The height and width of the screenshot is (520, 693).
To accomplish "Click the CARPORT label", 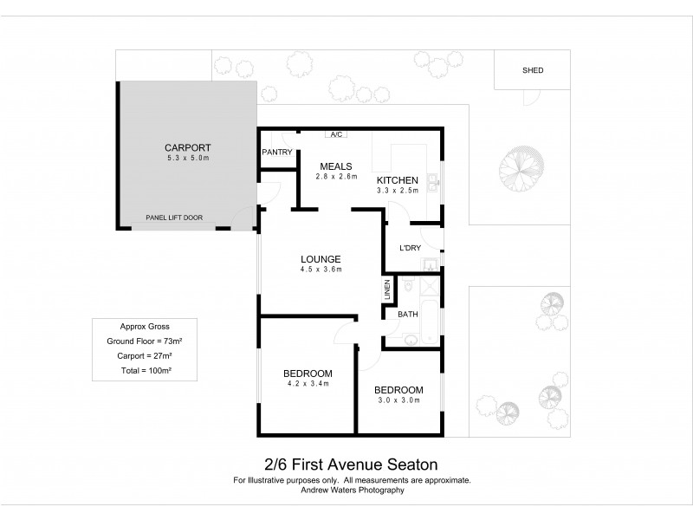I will tap(188, 147).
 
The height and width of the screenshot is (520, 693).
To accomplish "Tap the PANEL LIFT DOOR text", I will tap(174, 218).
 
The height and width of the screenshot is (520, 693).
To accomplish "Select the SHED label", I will tap(533, 70).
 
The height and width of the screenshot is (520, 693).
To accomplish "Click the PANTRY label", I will tap(275, 152).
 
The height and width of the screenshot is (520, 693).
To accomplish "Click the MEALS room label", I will tap(335, 166).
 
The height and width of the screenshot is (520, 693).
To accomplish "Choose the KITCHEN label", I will tap(398, 179).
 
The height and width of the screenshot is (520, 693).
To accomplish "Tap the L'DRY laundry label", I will tap(409, 248).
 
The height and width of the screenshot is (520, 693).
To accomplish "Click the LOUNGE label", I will tap(321, 258).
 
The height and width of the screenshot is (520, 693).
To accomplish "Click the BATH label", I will tap(408, 314).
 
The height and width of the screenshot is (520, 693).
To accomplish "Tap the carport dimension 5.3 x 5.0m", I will tap(188, 159).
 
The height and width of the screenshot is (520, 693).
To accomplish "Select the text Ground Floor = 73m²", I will tap(145, 341).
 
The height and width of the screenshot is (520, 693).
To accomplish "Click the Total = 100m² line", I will tap(145, 371).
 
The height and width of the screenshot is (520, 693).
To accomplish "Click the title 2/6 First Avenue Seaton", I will tap(352, 465).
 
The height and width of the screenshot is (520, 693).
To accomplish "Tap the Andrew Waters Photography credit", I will tap(352, 490).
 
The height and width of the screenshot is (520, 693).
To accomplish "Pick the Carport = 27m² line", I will tap(145, 356).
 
